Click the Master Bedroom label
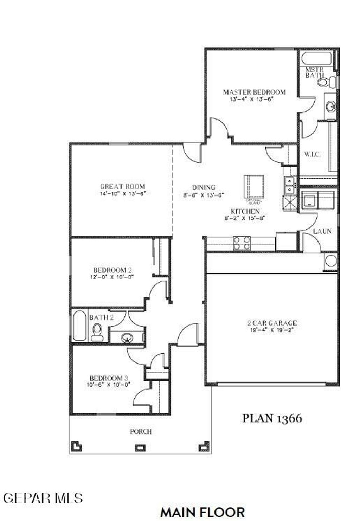(x=254, y=92)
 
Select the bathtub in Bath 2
(x=79, y=326)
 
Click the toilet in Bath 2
(x=97, y=332)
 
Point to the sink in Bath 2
(x=127, y=338)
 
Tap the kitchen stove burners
(x=242, y=243)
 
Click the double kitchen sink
(x=289, y=185)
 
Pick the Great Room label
(x=122, y=187)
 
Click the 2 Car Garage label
(x=272, y=323)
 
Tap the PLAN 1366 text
(x=272, y=418)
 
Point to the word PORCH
(x=141, y=431)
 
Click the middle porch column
(x=141, y=448)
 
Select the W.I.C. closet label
(x=312, y=154)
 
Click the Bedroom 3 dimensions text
(x=108, y=385)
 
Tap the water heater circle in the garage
(x=330, y=261)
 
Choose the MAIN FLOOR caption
(x=202, y=512)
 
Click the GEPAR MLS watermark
(x=43, y=498)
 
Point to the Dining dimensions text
(x=203, y=195)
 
